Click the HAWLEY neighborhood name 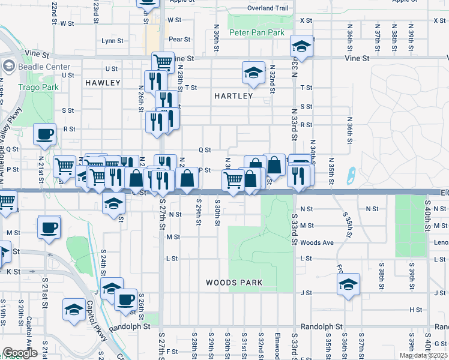coord(103,82)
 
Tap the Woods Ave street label coord(316,242)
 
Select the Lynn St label coord(112,41)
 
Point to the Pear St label coord(179,39)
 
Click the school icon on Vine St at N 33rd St coord(301,46)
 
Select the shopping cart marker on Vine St coord(163,61)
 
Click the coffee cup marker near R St coord(45,134)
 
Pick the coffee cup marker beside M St coord(49,227)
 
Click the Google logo coord(20,353)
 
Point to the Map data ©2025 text coord(423,355)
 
